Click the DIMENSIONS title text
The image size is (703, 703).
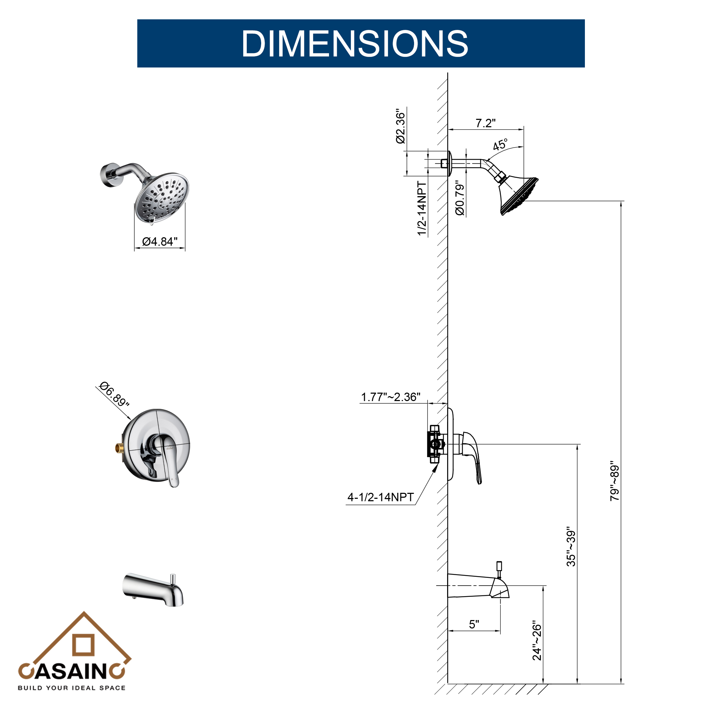(x=355, y=44)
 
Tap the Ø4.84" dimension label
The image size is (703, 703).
(x=160, y=241)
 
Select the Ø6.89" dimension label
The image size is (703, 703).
(x=114, y=394)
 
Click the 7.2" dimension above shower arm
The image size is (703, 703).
(x=485, y=123)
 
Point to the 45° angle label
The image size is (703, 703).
(x=500, y=145)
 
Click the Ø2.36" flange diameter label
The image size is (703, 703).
(x=401, y=126)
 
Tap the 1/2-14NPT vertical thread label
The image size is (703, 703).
(x=422, y=208)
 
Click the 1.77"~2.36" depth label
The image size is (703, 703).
(x=391, y=397)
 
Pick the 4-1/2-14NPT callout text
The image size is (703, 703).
(x=381, y=497)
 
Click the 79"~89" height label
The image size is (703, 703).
(x=614, y=481)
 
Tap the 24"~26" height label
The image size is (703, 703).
(x=537, y=641)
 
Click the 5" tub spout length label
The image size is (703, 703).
(x=474, y=624)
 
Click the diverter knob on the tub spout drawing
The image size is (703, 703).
(x=499, y=567)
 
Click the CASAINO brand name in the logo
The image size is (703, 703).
(x=72, y=671)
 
